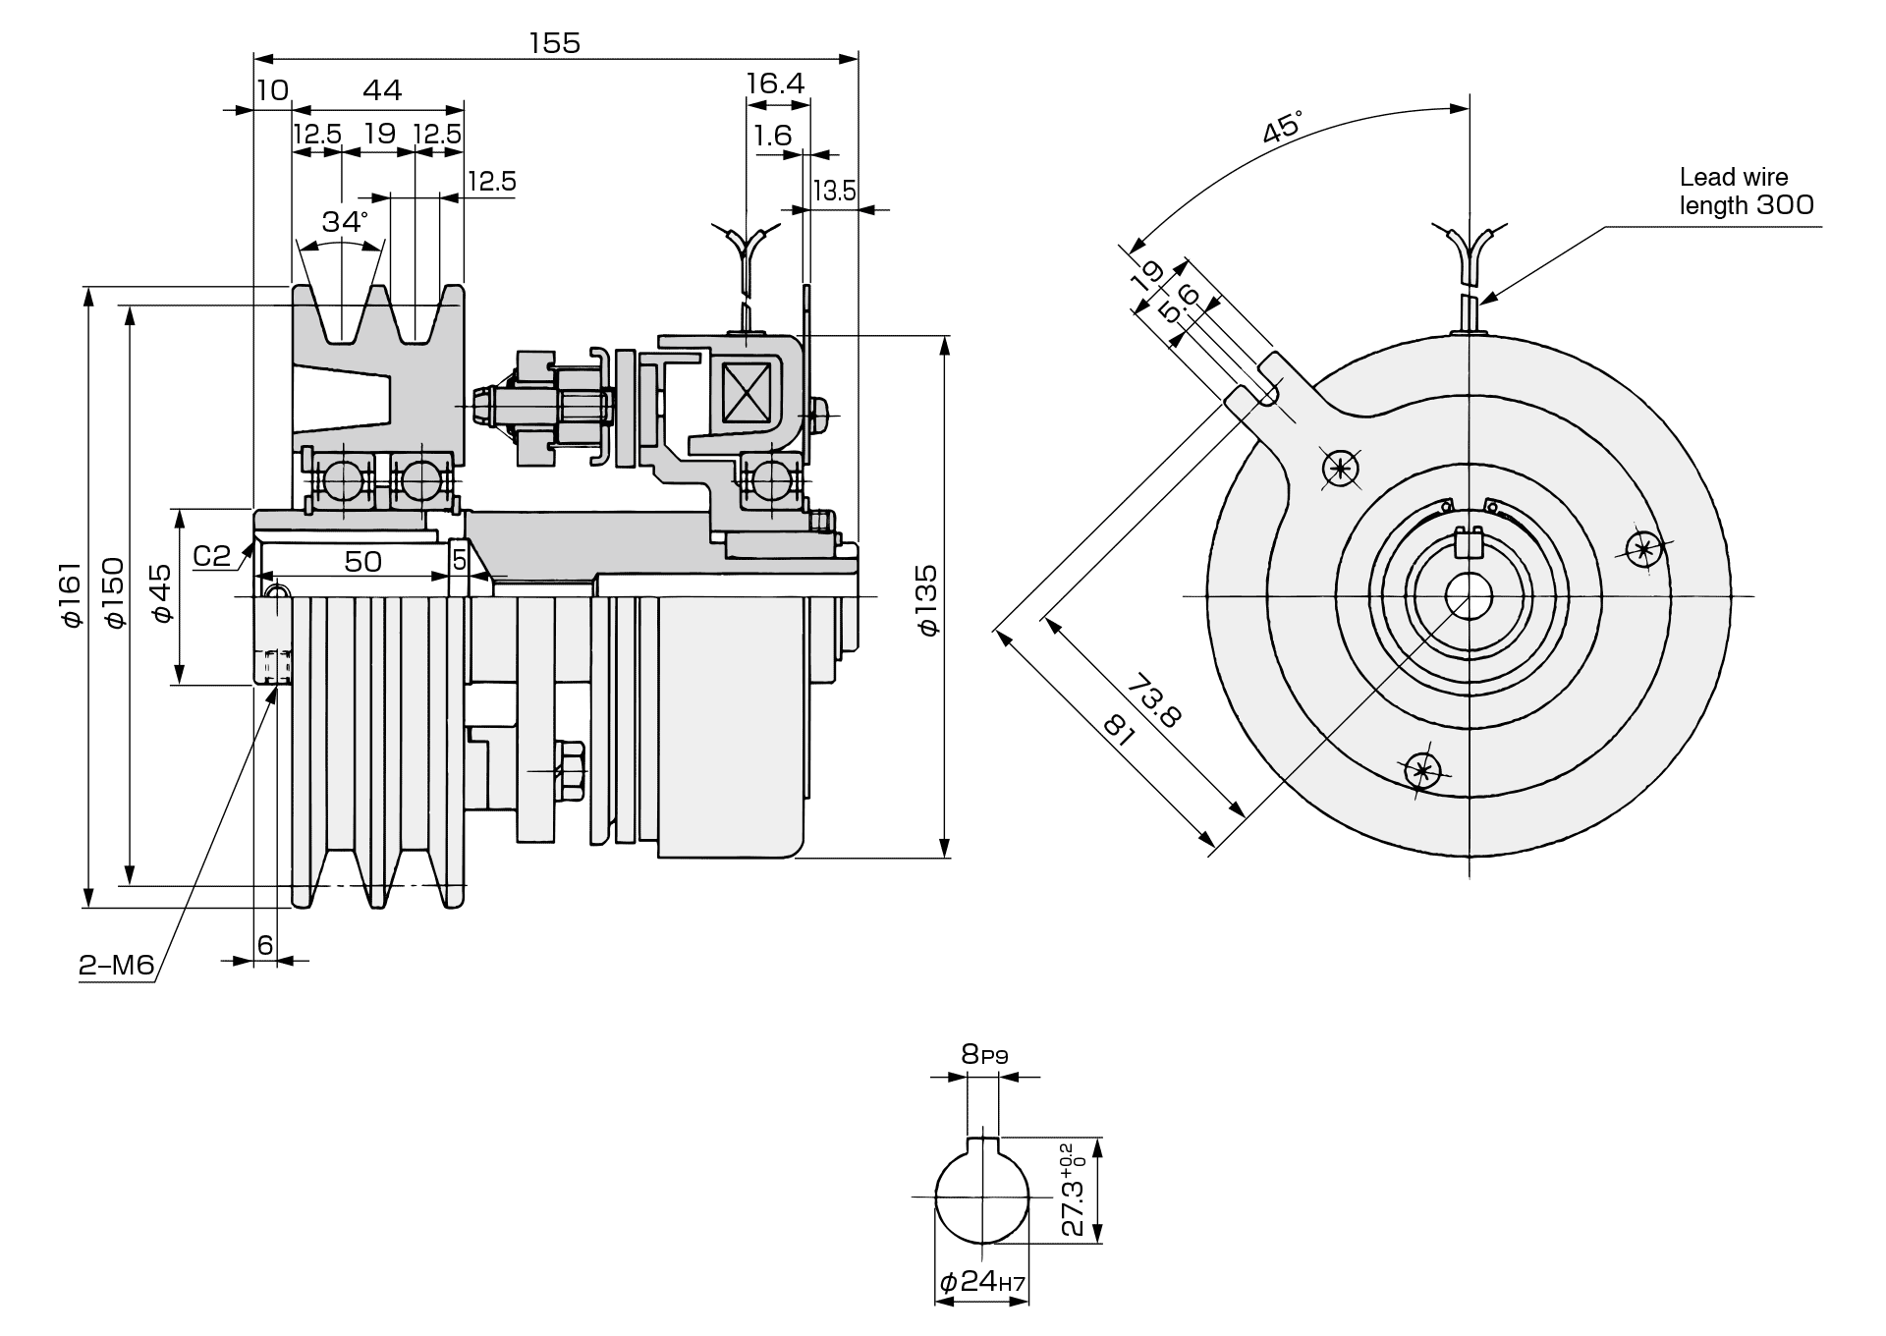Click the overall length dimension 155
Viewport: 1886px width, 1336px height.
tap(555, 43)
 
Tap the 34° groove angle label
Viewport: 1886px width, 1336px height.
tap(344, 222)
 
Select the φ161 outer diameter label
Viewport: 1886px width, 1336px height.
tap(70, 593)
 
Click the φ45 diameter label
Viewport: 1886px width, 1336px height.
tap(161, 593)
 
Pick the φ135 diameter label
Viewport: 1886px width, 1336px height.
tap(928, 599)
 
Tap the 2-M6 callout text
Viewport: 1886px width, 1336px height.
tap(117, 966)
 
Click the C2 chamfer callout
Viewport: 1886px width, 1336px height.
tap(211, 556)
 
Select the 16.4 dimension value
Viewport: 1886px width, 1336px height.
tap(775, 83)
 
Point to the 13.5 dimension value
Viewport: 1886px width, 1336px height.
tap(834, 191)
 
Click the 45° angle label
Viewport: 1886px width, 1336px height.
tap(1283, 128)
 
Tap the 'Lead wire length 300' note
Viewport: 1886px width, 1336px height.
tap(1746, 192)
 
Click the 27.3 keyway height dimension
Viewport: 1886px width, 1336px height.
tap(1073, 1190)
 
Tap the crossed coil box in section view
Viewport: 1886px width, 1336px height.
tap(746, 393)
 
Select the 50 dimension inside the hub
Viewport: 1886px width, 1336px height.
tap(362, 561)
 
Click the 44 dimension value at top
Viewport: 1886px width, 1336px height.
tap(382, 90)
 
